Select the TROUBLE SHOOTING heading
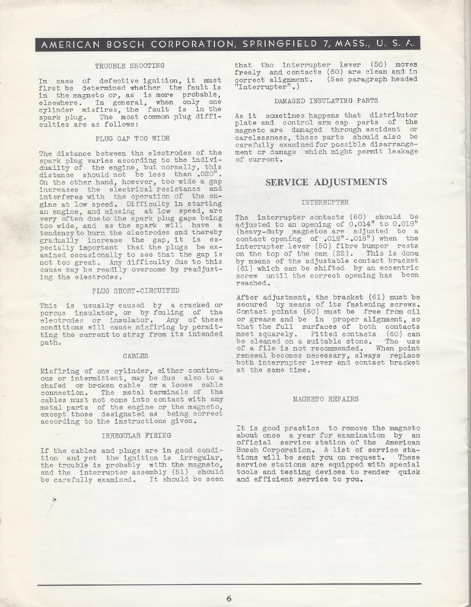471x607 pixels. (x=130, y=65)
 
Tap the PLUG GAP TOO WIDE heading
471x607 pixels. (x=130, y=138)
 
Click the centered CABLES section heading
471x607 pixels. (x=135, y=355)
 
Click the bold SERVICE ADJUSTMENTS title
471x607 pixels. (x=326, y=182)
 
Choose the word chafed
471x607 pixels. (x=53, y=385)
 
